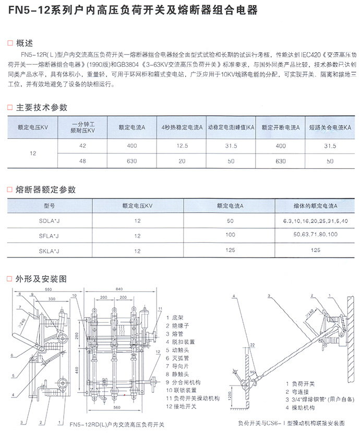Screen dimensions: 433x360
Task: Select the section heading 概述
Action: click(x=24, y=43)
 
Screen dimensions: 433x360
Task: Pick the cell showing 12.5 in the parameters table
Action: click(x=182, y=146)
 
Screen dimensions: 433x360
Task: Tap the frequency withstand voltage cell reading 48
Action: click(x=83, y=161)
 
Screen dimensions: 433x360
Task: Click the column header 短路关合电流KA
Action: click(x=330, y=127)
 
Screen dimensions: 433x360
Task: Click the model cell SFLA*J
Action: click(x=51, y=236)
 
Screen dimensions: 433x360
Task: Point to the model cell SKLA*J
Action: click(x=51, y=251)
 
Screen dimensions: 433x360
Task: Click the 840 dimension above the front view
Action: click(x=119, y=289)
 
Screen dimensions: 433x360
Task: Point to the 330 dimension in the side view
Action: click(x=51, y=300)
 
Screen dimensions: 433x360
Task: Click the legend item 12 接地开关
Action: click(x=182, y=406)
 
